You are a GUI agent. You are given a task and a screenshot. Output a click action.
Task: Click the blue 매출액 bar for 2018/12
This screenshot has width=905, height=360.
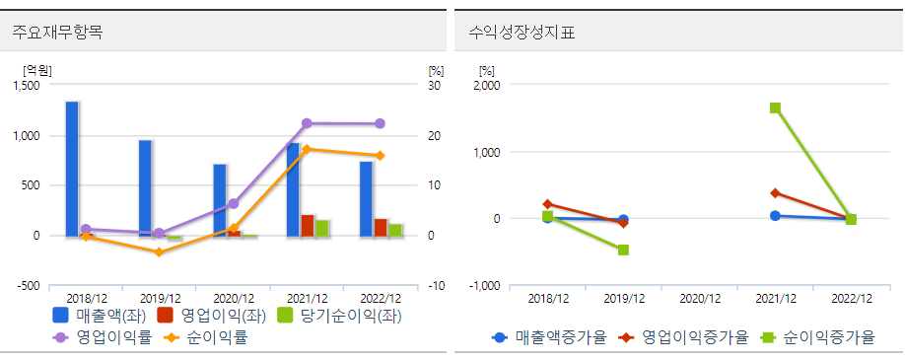pos(72,168)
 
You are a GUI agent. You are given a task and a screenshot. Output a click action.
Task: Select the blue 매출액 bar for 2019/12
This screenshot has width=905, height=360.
pos(145,187)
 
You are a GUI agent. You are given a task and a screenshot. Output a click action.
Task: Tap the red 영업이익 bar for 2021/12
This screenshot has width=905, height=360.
pos(308,226)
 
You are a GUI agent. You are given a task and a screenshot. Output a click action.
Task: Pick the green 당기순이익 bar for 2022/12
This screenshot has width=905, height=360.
pos(395,230)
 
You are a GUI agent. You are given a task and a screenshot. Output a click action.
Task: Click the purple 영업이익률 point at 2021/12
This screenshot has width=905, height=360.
pos(307,123)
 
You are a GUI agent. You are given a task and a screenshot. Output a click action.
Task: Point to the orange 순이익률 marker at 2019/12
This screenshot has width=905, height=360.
pos(160,252)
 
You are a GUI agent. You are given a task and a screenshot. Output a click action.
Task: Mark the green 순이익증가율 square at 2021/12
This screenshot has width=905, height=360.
pos(775,108)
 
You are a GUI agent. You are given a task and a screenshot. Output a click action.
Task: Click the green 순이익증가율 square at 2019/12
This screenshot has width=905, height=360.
pos(623,250)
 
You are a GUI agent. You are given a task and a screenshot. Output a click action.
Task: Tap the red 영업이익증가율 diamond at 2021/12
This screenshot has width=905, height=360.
pos(775,193)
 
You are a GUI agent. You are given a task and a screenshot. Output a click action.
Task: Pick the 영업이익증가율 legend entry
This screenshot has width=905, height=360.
pos(683,337)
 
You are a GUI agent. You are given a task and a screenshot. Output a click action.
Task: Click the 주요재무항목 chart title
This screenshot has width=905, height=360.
pos(57,32)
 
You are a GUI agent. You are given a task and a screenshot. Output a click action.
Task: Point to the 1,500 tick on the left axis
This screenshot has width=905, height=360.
pos(27,86)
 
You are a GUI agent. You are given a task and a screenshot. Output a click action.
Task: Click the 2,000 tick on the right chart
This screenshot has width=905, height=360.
pos(487,86)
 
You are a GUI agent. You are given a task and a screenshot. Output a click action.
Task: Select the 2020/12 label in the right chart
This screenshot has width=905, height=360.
pos(700,298)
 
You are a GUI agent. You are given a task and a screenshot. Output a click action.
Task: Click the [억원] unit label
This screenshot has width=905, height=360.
pos(37,70)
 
